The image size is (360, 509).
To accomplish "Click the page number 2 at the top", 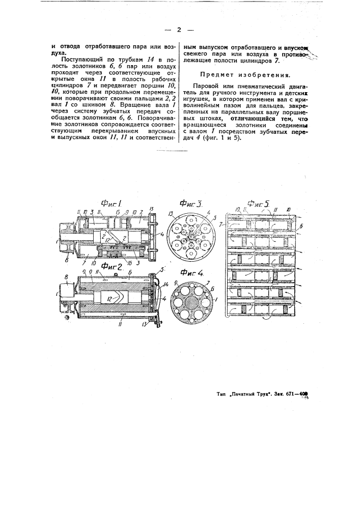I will coord(179,30).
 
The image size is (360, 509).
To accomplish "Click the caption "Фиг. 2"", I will coord(113,265).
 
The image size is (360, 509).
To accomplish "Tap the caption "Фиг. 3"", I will coord(192,205).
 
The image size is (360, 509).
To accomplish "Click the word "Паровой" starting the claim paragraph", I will coord(205,85).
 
